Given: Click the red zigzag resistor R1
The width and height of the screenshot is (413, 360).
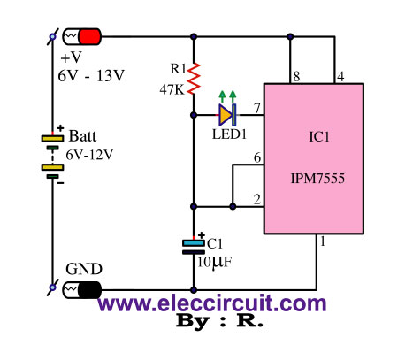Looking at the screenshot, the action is [x=194, y=79].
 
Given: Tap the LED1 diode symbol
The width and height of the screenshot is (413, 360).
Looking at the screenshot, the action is [x=227, y=115].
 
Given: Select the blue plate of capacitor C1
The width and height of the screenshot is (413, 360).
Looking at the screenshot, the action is [x=194, y=243].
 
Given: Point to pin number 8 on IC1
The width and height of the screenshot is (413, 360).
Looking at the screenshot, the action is [x=296, y=77].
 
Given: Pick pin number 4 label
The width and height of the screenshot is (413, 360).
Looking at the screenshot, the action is [x=340, y=77].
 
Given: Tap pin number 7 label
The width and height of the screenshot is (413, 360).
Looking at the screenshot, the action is [x=257, y=108].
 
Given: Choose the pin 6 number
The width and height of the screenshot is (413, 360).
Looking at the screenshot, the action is [x=257, y=158].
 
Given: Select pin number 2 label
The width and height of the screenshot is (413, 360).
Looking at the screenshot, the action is [x=257, y=200].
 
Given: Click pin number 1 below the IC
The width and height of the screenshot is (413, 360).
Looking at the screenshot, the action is [x=323, y=241].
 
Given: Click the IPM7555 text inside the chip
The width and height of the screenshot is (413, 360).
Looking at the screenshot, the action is [x=317, y=179].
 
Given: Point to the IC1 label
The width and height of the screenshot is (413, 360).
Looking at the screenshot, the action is [x=319, y=137].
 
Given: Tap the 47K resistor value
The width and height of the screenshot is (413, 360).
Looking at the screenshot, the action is [x=172, y=89].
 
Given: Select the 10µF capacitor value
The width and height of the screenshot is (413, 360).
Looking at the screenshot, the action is [x=214, y=262].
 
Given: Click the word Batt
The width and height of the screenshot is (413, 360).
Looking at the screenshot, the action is [x=82, y=136].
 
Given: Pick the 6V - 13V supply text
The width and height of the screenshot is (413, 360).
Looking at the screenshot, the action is [x=91, y=76].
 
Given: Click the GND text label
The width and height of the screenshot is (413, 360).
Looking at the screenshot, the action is [x=84, y=269].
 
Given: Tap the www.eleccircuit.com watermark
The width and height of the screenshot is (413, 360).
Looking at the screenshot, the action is [x=212, y=303].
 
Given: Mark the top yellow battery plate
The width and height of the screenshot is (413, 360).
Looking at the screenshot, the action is [x=52, y=138].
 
